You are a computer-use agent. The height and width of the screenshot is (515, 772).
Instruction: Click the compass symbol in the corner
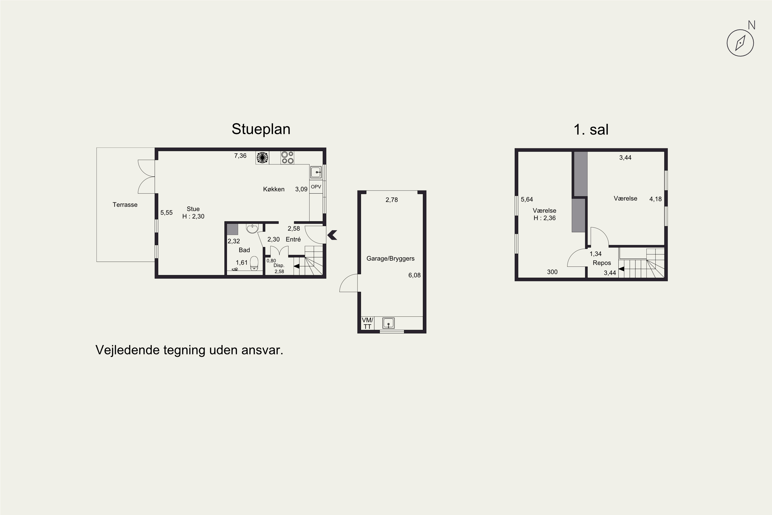pyautogui.click(x=740, y=43)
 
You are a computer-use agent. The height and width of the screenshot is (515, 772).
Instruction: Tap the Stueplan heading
pyautogui.click(x=261, y=129)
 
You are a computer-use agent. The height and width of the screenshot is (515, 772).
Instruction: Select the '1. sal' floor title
pyautogui.click(x=591, y=130)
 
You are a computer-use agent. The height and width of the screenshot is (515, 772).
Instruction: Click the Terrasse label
pyautogui.click(x=125, y=205)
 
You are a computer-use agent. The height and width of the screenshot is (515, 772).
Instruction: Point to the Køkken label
pyautogui.click(x=274, y=189)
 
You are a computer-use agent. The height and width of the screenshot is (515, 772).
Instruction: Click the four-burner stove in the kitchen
pyautogui.click(x=287, y=158)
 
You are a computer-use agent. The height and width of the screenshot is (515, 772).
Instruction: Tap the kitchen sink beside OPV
pyautogui.click(x=316, y=172)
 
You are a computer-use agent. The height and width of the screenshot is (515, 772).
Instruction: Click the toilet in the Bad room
pyautogui.click(x=254, y=264)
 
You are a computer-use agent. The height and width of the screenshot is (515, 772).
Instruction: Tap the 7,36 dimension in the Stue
pyautogui.click(x=240, y=156)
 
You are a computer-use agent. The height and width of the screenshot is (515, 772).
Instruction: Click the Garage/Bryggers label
pyautogui.click(x=390, y=259)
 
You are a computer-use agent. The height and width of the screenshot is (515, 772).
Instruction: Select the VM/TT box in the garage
pyautogui.click(x=367, y=323)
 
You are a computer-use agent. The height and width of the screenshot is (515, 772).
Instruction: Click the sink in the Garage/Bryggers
pyautogui.click(x=388, y=323)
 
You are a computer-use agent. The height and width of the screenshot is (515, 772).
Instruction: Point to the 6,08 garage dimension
pyautogui.click(x=414, y=275)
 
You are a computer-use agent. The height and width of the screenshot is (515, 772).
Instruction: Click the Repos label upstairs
pyautogui.click(x=602, y=263)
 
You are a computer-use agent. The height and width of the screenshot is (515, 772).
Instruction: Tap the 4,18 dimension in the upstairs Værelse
pyautogui.click(x=655, y=199)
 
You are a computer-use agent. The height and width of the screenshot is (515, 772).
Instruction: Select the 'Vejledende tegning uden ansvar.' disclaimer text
pyautogui.click(x=189, y=350)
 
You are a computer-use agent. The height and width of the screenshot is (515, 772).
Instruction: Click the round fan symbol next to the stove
pyautogui.click(x=262, y=158)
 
